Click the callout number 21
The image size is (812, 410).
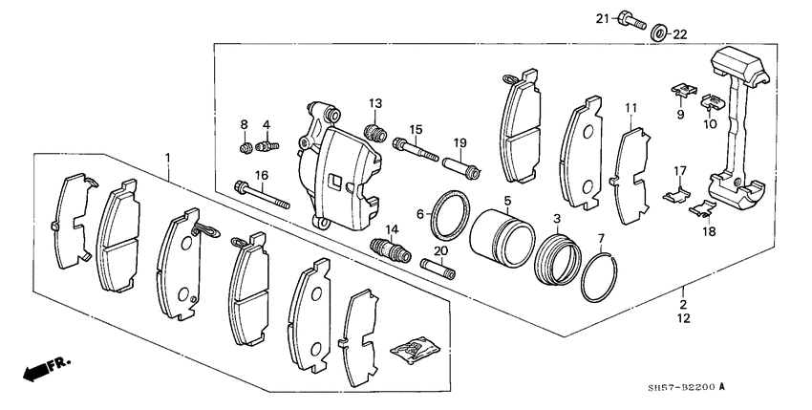coord(602,18)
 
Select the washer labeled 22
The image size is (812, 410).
coord(659,35)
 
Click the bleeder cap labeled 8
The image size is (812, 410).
coord(246,148)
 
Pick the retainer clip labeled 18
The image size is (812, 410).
coord(702,205)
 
